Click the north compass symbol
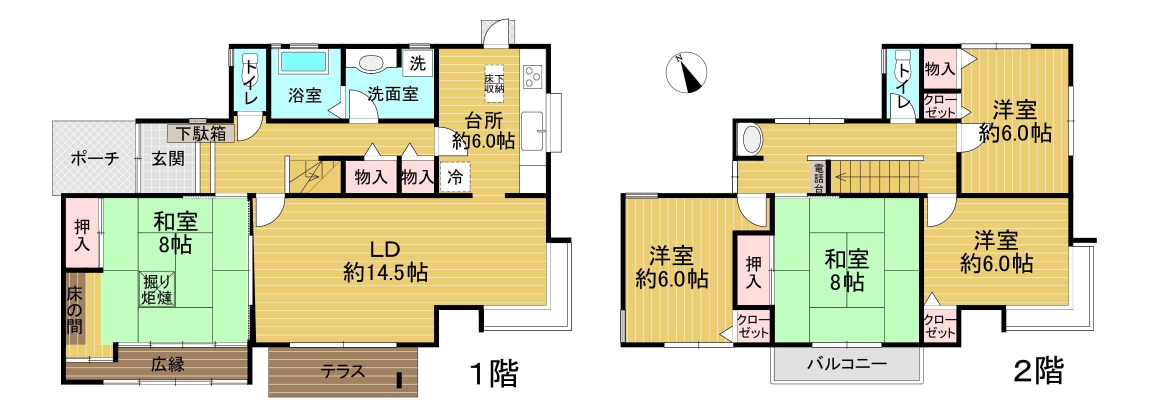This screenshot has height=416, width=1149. pos(686,73)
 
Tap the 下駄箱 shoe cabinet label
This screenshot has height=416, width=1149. pos(200,133)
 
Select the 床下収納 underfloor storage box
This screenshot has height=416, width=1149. pos(494,84)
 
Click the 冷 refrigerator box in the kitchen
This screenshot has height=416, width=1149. pos(455,177)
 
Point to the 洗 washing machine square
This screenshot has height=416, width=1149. pos(417,63)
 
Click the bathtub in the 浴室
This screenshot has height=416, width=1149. pos(303,62)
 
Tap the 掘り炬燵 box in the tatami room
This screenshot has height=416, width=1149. pos(157,289)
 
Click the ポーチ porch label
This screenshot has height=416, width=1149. pos(95,159)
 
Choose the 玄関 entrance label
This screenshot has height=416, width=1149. pos(168,159)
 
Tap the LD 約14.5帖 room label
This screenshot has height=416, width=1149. pos(385,261)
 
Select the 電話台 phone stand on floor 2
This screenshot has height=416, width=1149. pos(818,178)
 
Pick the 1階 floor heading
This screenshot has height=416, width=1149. pos(494,373)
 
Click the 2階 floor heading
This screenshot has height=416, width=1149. pos(1038,370)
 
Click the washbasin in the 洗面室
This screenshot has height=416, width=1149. pos(371,63)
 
